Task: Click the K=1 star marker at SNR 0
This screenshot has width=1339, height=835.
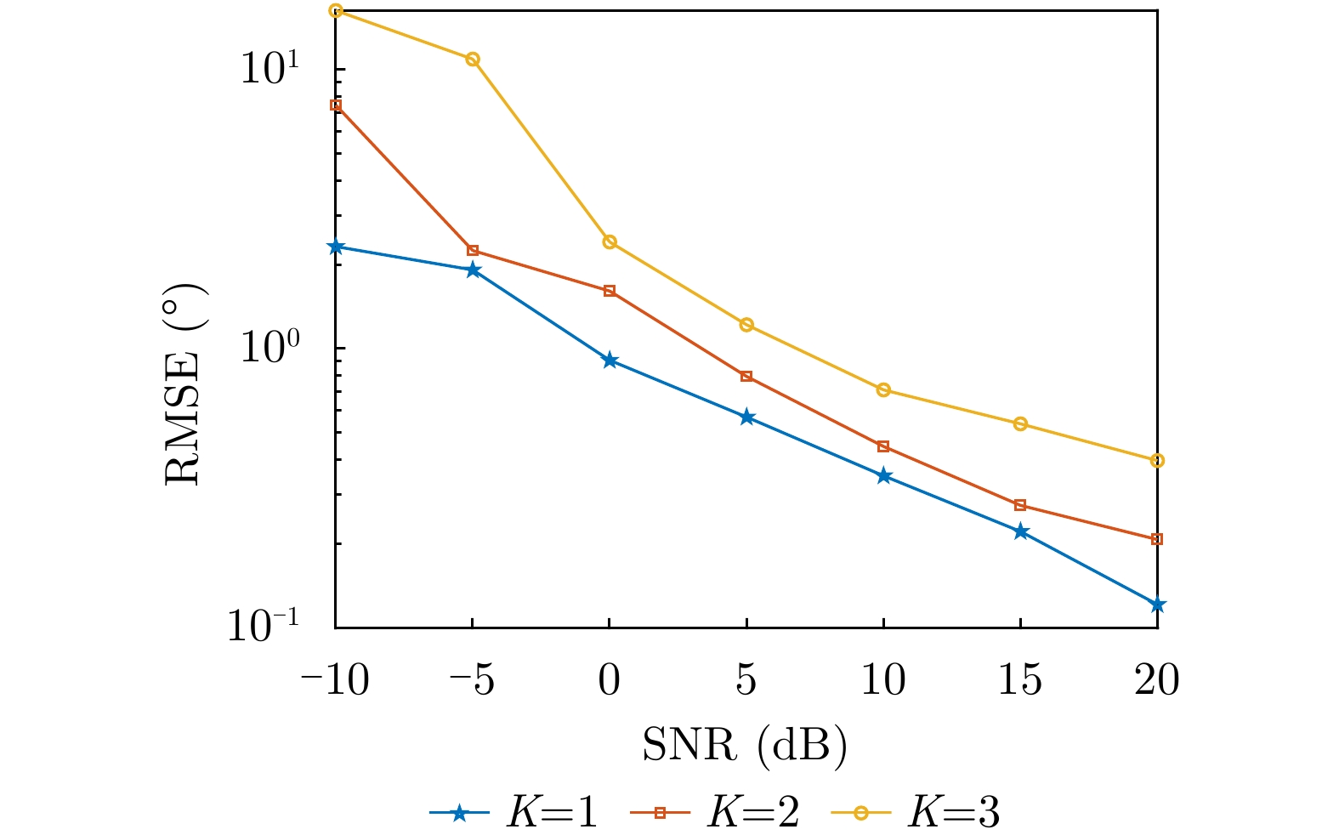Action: coord(610,361)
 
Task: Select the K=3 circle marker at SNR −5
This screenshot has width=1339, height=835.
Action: coord(473,60)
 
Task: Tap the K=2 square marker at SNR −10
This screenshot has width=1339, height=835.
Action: coord(336,105)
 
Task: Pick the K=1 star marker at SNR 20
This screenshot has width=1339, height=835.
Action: coord(1157,605)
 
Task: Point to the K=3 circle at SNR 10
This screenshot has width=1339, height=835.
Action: coord(883,390)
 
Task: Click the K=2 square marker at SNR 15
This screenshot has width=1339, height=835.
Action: coord(1020,505)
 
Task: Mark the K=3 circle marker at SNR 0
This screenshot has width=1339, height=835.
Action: coord(610,242)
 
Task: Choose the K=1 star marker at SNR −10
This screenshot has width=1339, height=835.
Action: coord(336,247)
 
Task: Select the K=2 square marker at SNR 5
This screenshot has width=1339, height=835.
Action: coord(746,376)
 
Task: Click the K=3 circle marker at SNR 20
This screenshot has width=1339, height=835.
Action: coord(1157,461)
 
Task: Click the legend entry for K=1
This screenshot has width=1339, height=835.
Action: coord(515,813)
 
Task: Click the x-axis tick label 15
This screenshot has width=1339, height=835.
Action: coord(1020,680)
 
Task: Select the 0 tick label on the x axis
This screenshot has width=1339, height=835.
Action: coord(610,680)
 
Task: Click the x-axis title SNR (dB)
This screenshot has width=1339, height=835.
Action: coord(745,745)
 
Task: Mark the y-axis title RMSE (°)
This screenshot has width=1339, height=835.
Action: coord(183,384)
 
